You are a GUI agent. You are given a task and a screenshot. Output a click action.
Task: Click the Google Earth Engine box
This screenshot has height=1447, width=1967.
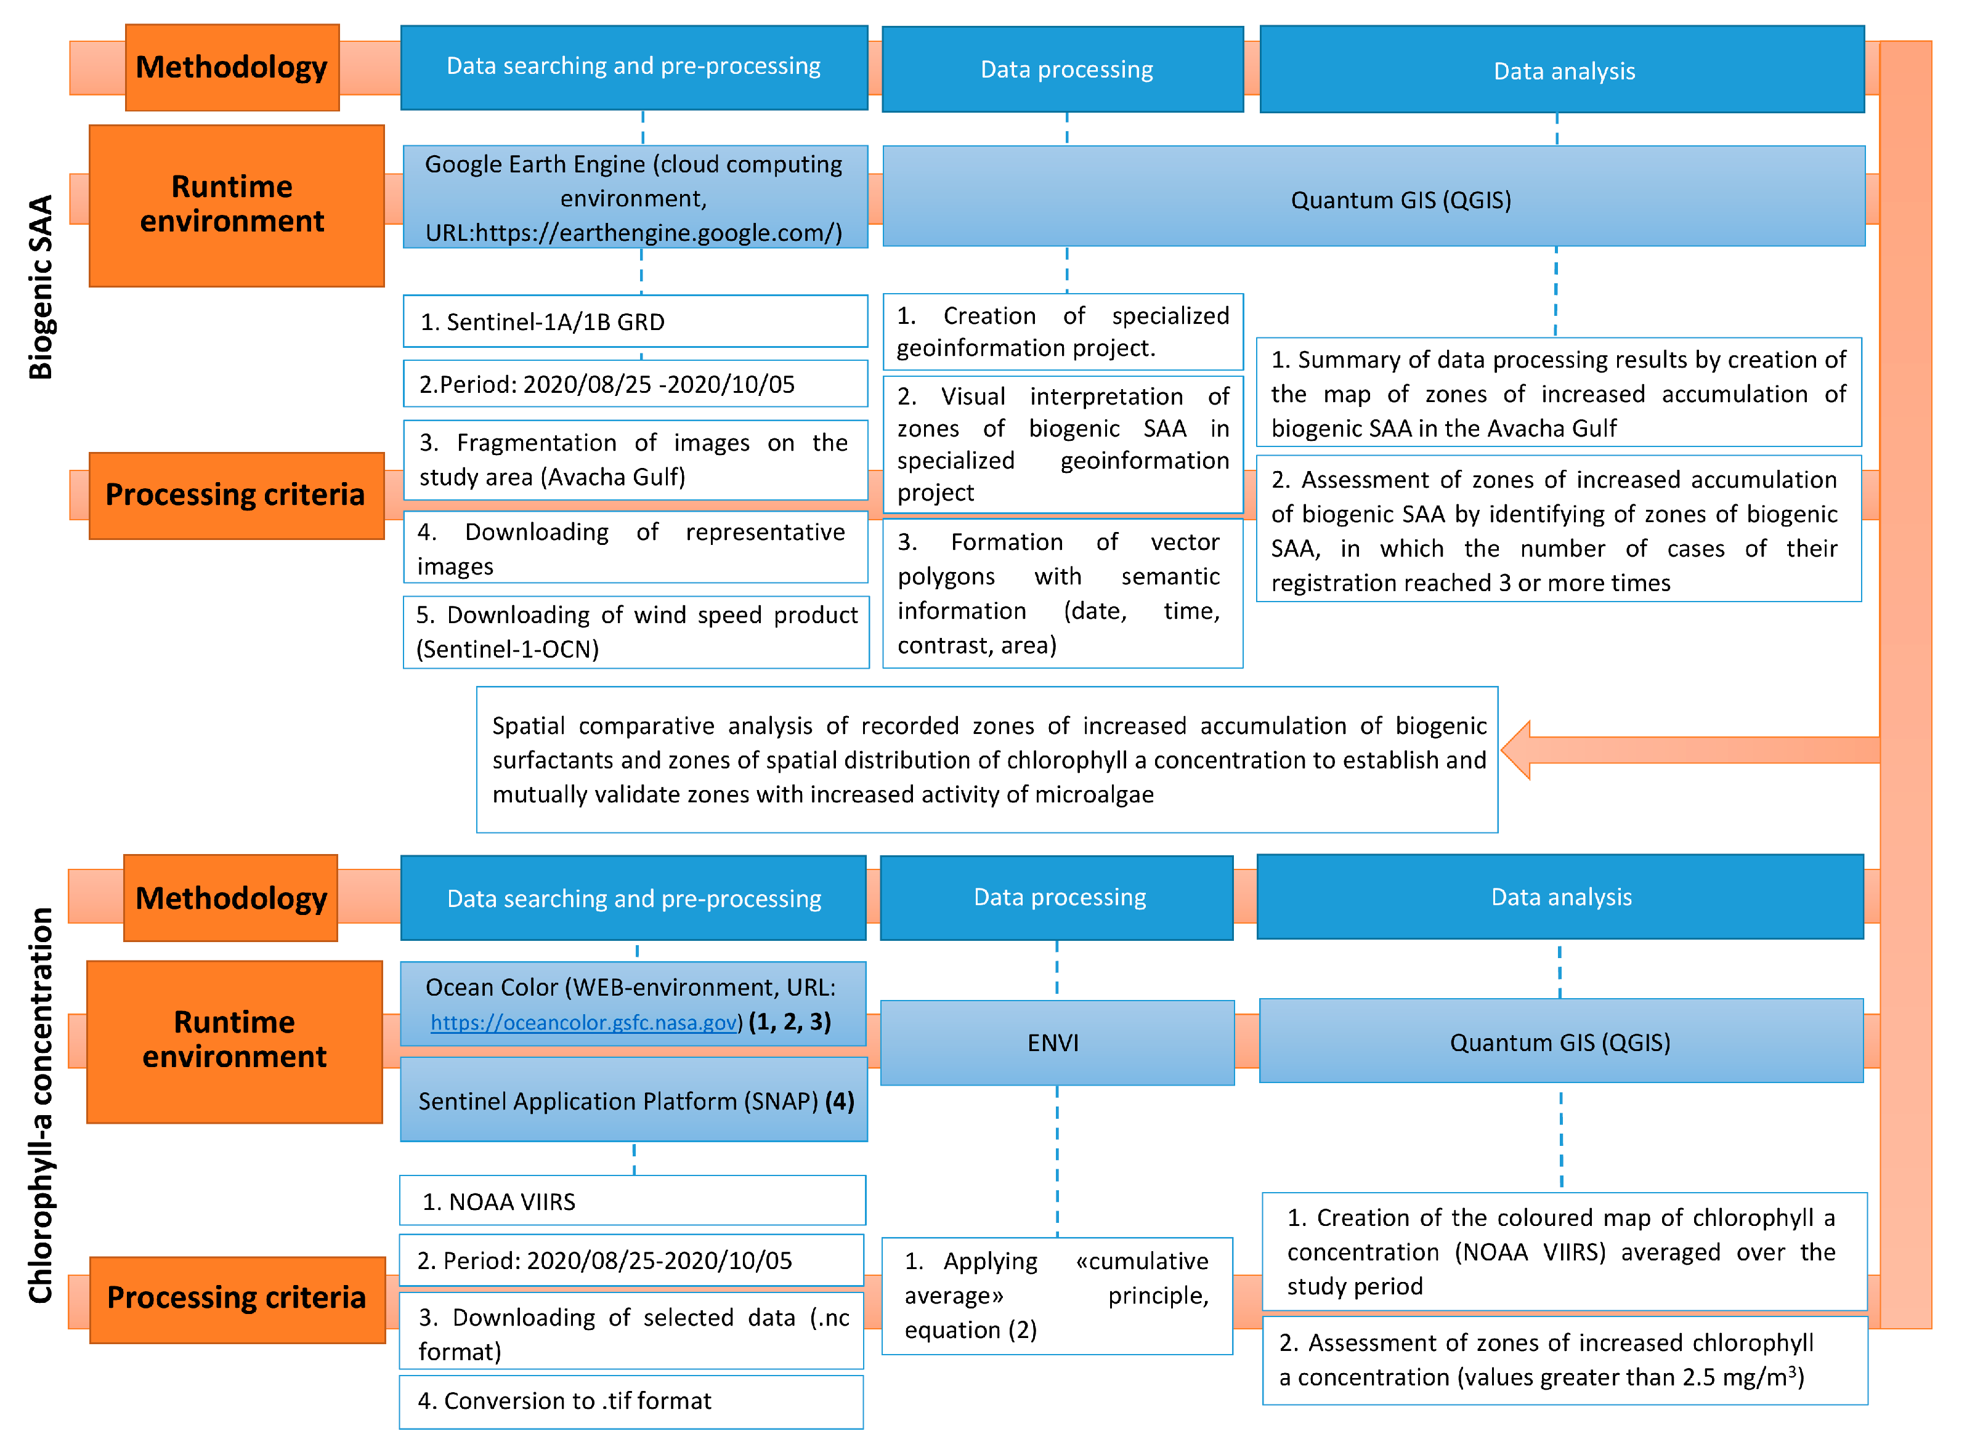(635, 197)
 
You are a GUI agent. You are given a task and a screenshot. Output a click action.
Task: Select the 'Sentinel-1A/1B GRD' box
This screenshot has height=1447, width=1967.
(635, 321)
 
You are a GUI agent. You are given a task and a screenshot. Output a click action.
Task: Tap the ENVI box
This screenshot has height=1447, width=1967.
(1056, 1042)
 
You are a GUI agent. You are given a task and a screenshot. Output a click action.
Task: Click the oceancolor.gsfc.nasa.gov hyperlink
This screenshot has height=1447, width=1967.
(583, 1022)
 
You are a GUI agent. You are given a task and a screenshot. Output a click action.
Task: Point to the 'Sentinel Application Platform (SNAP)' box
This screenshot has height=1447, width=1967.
(635, 1100)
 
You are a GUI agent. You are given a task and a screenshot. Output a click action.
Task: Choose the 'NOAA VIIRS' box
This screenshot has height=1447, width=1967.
(631, 1201)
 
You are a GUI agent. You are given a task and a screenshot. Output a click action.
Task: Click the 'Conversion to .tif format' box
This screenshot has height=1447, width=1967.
(631, 1401)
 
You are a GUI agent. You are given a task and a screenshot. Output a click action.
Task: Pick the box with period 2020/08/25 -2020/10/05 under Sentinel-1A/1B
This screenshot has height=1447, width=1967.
(635, 384)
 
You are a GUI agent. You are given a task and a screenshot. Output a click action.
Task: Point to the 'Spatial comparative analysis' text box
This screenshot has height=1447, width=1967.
(986, 759)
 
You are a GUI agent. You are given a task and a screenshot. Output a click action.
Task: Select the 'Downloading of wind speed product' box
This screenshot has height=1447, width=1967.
(635, 632)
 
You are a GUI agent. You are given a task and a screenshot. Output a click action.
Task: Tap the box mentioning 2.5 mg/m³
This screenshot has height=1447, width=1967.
(1564, 1360)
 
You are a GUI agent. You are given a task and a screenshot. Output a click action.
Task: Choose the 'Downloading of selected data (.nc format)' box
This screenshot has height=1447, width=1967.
(631, 1332)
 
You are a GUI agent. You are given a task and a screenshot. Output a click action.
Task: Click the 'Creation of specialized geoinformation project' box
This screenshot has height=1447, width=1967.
(1062, 331)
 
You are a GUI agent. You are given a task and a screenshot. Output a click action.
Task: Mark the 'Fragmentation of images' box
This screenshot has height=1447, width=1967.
(635, 459)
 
